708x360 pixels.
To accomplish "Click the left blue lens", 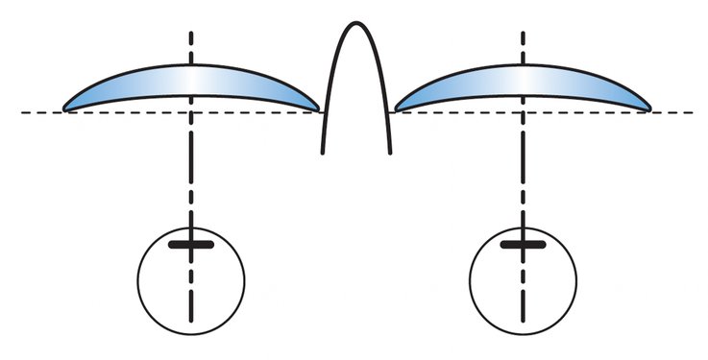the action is [x=144, y=87].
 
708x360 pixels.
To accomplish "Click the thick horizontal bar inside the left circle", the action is [x=191, y=246].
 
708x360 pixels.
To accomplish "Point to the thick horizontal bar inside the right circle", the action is [x=523, y=246].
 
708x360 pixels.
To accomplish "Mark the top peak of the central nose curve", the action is [x=355, y=22].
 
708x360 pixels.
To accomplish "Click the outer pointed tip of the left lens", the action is [x=64, y=109].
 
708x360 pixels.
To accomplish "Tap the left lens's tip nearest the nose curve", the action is [x=318, y=109].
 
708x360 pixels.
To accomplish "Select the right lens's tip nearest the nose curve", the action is [x=395, y=109].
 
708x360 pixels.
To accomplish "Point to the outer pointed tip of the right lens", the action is [x=651, y=109].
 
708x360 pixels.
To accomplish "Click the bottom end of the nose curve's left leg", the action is [x=322, y=152].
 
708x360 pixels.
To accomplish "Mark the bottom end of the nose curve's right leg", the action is [x=390, y=152].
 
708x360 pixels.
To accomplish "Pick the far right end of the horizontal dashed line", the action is [x=694, y=112].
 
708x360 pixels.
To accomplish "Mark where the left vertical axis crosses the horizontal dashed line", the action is [x=191, y=112].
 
